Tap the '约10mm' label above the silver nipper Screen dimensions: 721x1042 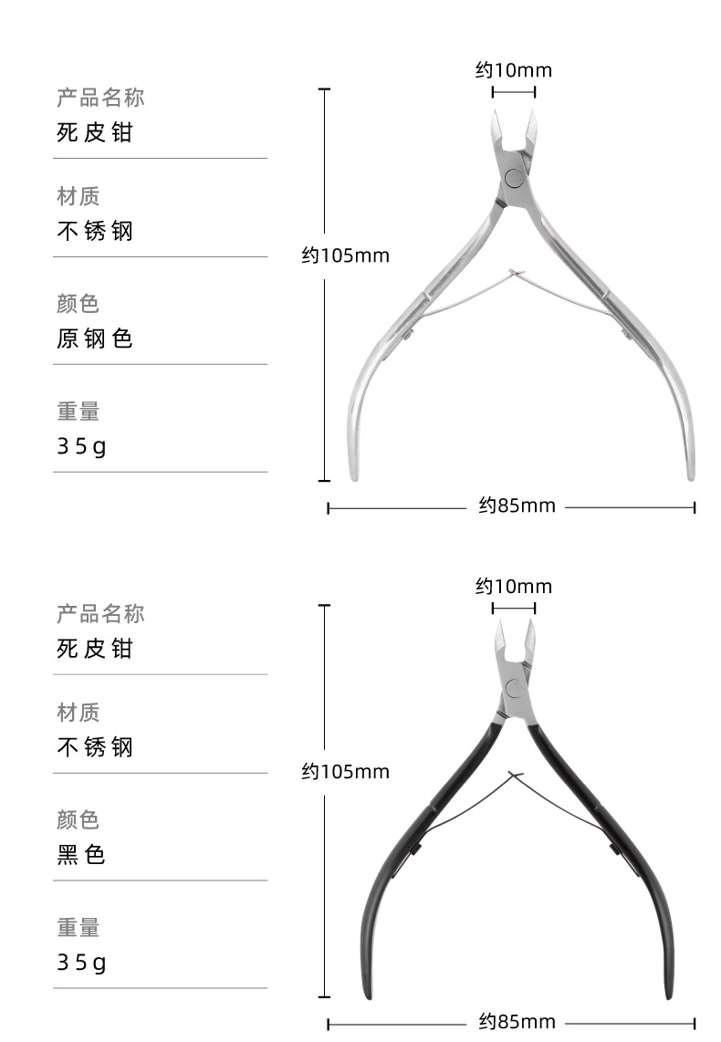point(514,70)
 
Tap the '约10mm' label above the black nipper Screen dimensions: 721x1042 point(514,587)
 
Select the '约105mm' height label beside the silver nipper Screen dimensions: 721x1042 point(346,255)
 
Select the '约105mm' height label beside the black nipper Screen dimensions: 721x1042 point(346,772)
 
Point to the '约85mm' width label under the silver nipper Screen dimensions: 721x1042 point(517,505)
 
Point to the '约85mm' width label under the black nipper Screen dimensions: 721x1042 point(517,1022)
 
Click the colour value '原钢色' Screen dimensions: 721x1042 point(94,339)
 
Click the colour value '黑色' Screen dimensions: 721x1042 point(81,855)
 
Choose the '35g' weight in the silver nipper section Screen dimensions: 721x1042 point(81,446)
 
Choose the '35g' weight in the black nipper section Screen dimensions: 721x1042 point(81,963)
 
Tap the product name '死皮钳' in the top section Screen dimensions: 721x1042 point(94,132)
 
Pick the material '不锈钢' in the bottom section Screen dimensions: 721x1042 point(94,747)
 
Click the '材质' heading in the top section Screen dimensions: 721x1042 point(78,196)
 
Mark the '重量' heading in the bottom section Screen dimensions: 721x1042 point(78,928)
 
